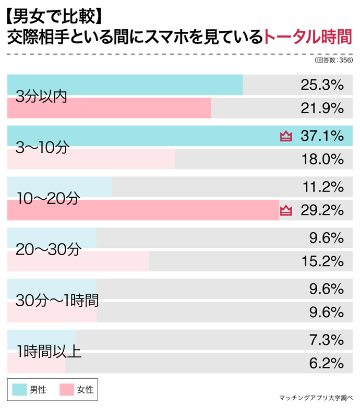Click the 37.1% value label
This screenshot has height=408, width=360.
tap(322, 136)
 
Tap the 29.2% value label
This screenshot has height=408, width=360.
tap(322, 210)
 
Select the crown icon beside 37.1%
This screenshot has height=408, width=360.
tap(286, 137)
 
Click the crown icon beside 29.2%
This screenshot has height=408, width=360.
tap(286, 211)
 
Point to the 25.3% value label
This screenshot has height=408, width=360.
tap(322, 85)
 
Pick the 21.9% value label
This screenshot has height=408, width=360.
tap(322, 108)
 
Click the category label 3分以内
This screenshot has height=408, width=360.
tap(42, 97)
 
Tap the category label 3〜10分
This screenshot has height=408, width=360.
tap(42, 148)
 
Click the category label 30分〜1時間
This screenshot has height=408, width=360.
tap(57, 301)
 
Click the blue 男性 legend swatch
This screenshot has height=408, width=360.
tap(20, 389)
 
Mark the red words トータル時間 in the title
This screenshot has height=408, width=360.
tap(308, 38)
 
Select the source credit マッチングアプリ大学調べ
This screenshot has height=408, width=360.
tap(316, 397)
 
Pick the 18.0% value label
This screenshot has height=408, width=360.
tap(322, 159)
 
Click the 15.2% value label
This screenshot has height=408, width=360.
tap(322, 261)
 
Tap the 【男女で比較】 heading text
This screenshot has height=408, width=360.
tap(52, 16)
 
